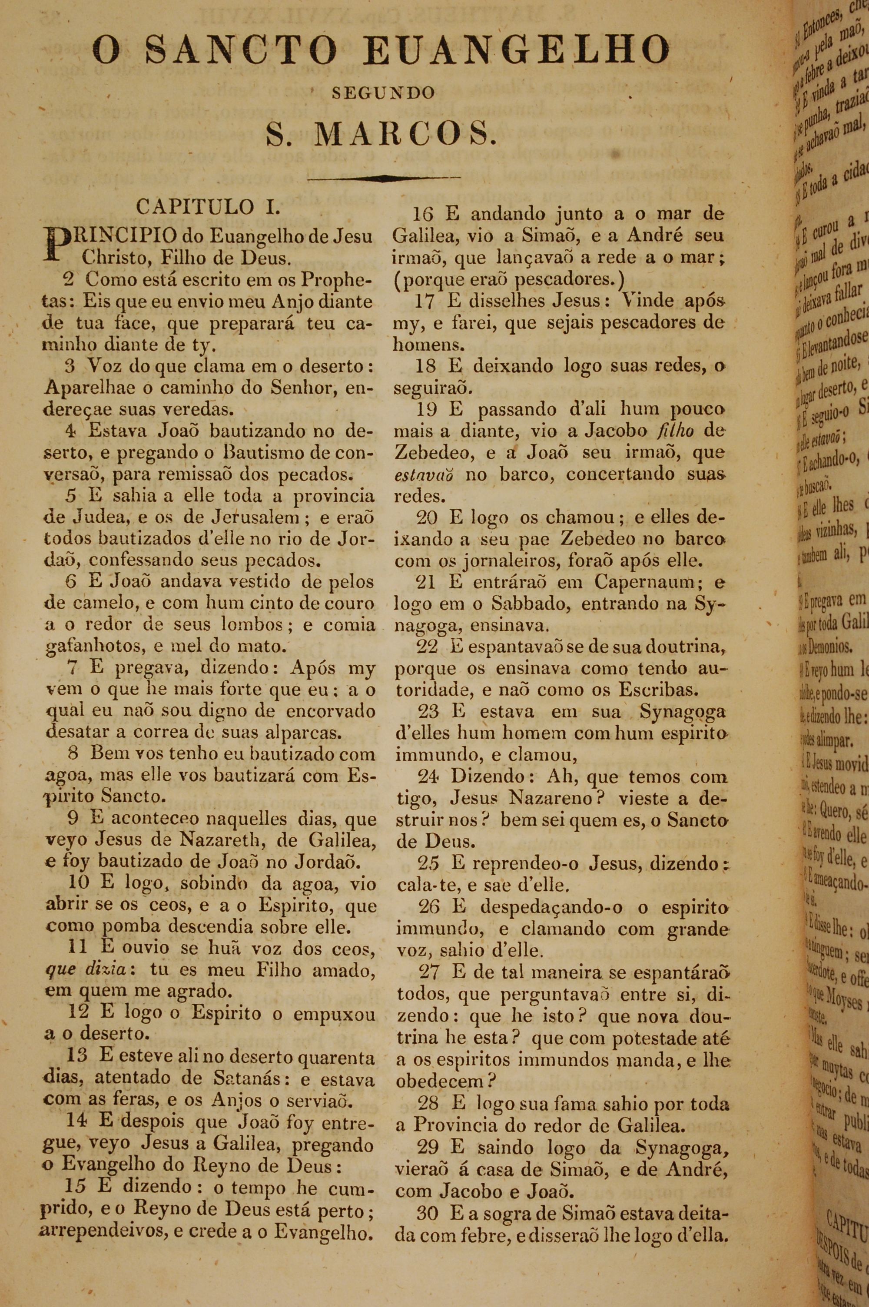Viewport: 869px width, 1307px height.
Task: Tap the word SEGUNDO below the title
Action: tap(375, 93)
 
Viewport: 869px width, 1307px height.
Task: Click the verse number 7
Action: tap(72, 668)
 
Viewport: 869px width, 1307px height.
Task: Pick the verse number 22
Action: tap(427, 647)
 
